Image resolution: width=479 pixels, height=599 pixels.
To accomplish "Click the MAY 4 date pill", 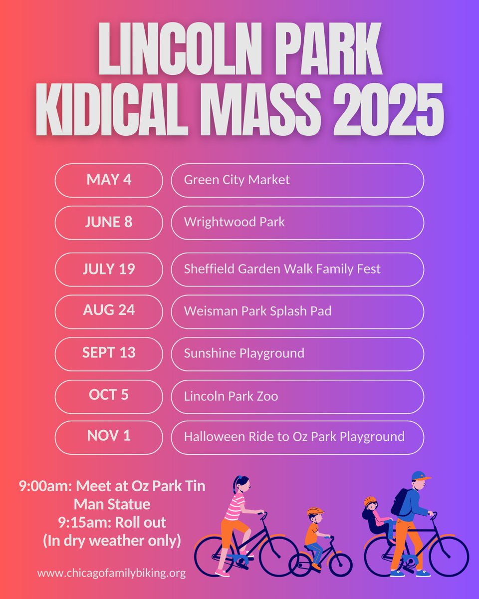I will click(x=109, y=180).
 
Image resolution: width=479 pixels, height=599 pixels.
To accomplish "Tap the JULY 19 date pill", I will click(x=109, y=269).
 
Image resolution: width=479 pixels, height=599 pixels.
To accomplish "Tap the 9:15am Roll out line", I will click(x=112, y=523).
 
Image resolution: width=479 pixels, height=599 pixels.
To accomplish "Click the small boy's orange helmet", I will click(x=315, y=511).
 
